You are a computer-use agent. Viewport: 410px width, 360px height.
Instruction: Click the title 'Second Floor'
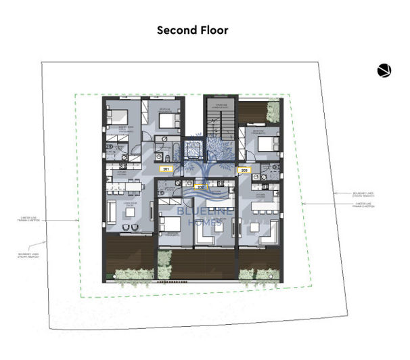click(192, 30)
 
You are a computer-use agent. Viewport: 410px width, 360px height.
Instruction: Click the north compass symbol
click(384, 70)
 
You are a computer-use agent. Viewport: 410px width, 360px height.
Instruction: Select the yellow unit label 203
click(244, 170)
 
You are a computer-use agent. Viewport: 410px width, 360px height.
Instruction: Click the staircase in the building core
click(219, 122)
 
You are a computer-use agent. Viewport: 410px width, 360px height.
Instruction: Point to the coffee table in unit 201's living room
click(129, 212)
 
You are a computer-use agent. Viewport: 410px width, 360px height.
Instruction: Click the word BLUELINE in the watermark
click(199, 212)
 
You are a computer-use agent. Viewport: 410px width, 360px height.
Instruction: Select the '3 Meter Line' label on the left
click(60, 219)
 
